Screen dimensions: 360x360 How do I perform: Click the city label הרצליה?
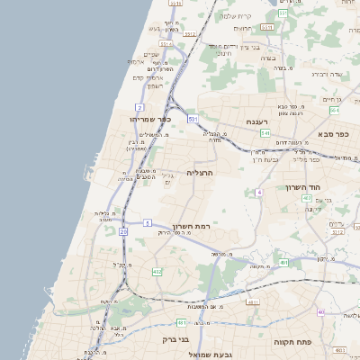pos(199,172)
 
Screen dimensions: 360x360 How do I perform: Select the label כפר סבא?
pos(333,133)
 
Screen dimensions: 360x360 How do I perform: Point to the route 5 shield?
pos(147,221)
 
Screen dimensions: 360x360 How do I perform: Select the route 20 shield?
pos(123,231)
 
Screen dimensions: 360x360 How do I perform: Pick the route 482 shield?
pos(157,271)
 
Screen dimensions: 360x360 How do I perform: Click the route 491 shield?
pos(283,263)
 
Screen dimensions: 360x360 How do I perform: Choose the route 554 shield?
pos(334,110)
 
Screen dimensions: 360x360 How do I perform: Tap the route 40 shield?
pos(320,311)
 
